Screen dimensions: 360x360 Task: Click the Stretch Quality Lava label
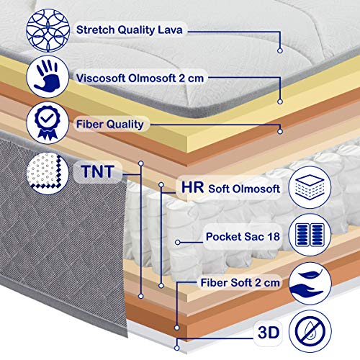[x=130, y=30]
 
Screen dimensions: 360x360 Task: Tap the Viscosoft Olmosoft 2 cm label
[x=140, y=78]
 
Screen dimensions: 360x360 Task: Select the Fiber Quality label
[x=110, y=125]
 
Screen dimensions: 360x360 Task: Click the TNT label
[x=97, y=171]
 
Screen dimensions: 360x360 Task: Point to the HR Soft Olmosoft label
[x=230, y=188]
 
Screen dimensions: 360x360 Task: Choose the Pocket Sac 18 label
[x=243, y=237]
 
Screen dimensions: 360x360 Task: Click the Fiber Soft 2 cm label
[x=240, y=282]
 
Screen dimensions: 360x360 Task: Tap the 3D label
[x=269, y=333]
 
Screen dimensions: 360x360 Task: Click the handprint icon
[x=48, y=76]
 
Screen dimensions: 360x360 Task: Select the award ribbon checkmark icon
[x=48, y=123]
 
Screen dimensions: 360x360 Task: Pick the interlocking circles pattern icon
[x=48, y=30]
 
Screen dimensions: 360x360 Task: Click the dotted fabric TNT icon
[x=48, y=173]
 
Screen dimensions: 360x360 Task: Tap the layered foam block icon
[x=310, y=187]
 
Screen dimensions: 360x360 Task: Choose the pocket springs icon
[x=310, y=235]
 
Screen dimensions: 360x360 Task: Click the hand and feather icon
[x=310, y=284]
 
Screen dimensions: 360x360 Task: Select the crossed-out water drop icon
[x=310, y=331]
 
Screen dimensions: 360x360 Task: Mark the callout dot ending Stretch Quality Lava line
[x=280, y=50]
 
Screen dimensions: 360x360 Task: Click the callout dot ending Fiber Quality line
[x=280, y=132]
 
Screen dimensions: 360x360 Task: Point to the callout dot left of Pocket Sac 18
[x=178, y=243]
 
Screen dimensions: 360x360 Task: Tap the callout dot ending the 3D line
[x=177, y=348]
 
